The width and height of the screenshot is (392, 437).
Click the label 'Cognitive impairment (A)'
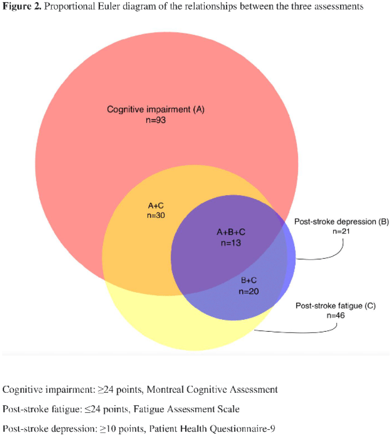click(x=156, y=109)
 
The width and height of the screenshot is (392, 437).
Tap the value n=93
click(x=156, y=120)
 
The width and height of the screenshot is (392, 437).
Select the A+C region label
click(x=156, y=206)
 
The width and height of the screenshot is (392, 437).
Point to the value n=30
click(x=156, y=216)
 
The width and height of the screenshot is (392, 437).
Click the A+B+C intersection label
click(x=231, y=232)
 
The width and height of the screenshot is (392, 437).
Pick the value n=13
click(x=231, y=243)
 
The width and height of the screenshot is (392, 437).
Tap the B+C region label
click(x=249, y=280)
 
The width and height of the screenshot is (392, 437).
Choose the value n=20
click(x=249, y=291)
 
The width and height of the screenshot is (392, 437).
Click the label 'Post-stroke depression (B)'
click(x=341, y=222)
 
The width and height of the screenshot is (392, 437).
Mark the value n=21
click(x=341, y=231)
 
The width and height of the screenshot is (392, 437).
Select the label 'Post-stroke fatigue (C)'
click(x=336, y=306)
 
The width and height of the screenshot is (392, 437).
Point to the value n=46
click(x=336, y=316)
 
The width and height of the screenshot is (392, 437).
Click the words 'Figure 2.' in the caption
click(x=22, y=6)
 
